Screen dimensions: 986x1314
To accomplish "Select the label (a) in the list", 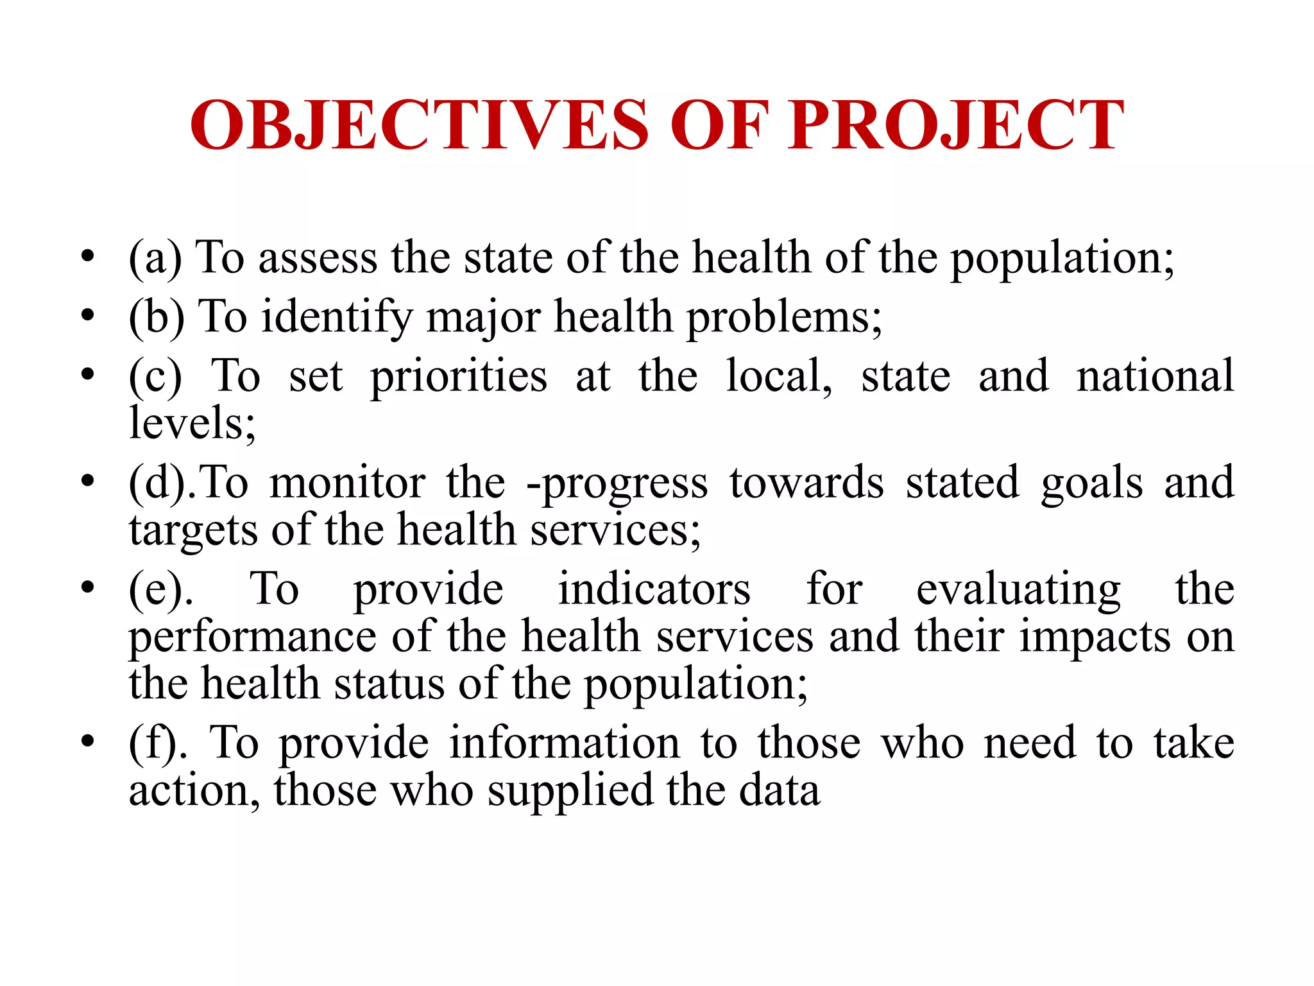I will pos(155,258).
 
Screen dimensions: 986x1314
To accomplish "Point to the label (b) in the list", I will pos(157,317).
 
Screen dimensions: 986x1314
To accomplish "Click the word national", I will pos(1155,376).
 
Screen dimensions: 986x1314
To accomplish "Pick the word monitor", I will pos(347,483).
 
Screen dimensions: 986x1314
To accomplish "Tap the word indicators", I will pos(654,589).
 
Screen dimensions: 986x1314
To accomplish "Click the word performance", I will pos(253,638).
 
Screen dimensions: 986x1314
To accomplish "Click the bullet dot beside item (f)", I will pos(88,742).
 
